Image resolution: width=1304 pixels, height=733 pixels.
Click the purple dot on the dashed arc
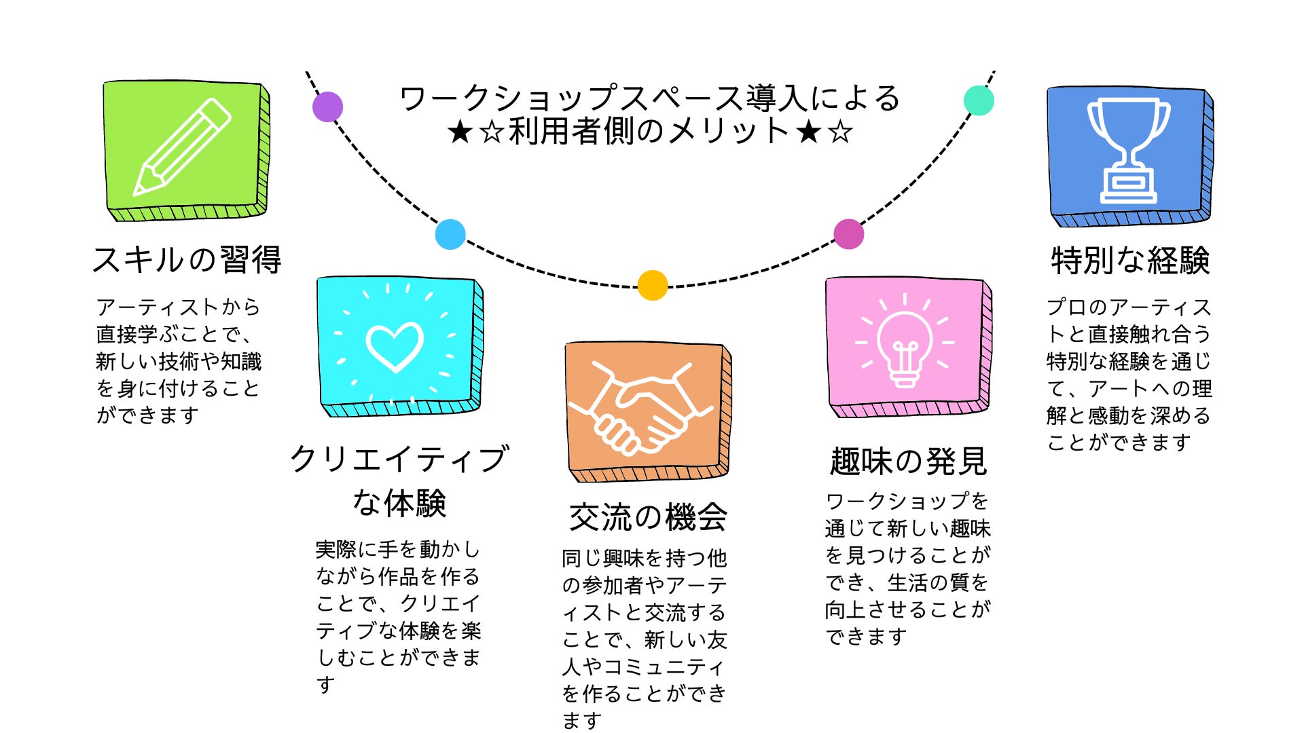pyautogui.click(x=327, y=107)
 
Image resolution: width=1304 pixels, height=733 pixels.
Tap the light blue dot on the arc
pyautogui.click(x=450, y=234)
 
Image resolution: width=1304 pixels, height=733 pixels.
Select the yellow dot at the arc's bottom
pyautogui.click(x=653, y=285)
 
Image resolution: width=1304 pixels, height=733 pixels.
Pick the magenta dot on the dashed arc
pyautogui.click(x=848, y=234)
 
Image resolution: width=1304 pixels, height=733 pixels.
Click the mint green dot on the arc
pyautogui.click(x=979, y=100)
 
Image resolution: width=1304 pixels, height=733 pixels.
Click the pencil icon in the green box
pyautogui.click(x=182, y=147)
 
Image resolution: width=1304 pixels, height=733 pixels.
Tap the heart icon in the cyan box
pyautogui.click(x=395, y=347)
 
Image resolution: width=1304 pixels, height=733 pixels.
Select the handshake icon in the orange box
pyautogui.click(x=640, y=407)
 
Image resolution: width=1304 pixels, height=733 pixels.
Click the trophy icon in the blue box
pyautogui.click(x=1128, y=151)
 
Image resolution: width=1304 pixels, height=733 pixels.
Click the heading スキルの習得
pyautogui.click(x=187, y=260)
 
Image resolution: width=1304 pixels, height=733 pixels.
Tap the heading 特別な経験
pyautogui.click(x=1130, y=261)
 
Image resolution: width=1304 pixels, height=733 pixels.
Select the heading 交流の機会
pyautogui.click(x=648, y=517)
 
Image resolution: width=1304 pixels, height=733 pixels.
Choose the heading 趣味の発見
pyautogui.click(x=909, y=462)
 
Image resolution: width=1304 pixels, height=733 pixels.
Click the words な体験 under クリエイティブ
pyautogui.click(x=399, y=503)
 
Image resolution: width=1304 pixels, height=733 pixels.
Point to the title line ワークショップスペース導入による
pyautogui.click(x=650, y=98)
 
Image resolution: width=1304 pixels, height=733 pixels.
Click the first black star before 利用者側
pyautogui.click(x=460, y=132)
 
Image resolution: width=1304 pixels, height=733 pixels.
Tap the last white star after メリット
pyautogui.click(x=841, y=132)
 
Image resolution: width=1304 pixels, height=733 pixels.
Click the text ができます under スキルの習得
pyautogui.click(x=147, y=415)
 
